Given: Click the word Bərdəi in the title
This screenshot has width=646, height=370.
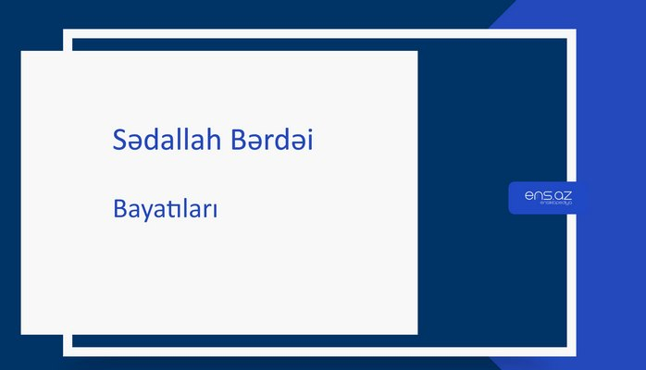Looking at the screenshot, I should point(282,141).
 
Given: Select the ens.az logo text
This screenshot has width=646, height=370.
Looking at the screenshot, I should point(547,193).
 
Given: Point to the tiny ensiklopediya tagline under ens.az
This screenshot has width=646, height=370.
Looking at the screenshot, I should point(547,204).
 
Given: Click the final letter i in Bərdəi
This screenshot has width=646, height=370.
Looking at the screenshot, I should point(319,141).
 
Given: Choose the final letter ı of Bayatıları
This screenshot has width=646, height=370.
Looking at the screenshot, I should point(214,210).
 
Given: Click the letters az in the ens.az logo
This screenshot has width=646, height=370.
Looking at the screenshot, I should point(561,193).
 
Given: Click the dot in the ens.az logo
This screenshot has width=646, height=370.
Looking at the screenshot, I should point(550,197).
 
